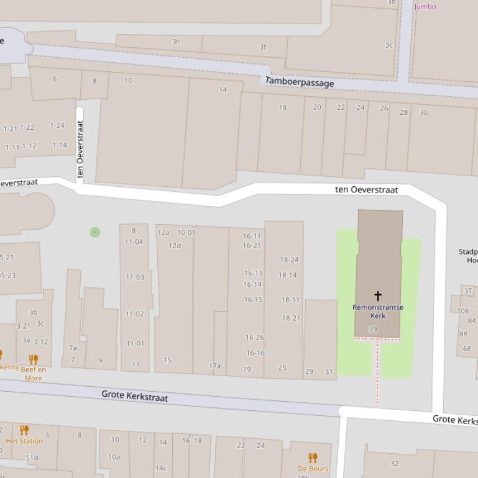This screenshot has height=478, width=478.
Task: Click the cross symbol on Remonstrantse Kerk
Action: pyautogui.click(x=377, y=295)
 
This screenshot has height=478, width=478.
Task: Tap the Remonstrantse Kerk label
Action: pyautogui.click(x=377, y=311)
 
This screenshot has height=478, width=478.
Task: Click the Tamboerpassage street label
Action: pyautogui.click(x=300, y=82)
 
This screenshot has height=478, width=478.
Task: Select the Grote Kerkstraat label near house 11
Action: pyautogui.click(x=134, y=395)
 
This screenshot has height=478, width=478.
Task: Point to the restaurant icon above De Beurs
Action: pyautogui.click(x=313, y=458)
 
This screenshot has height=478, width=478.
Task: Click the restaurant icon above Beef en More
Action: pyautogui.click(x=34, y=359)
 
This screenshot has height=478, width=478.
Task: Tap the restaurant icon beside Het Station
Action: pyautogui.click(x=24, y=430)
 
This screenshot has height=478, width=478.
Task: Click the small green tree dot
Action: pyautogui.click(x=94, y=232)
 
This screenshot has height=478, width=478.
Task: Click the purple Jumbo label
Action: pyautogui.click(x=425, y=6)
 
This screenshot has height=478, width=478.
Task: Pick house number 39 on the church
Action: pyautogui.click(x=372, y=329)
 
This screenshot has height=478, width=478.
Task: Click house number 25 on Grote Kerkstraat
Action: pyautogui.click(x=282, y=368)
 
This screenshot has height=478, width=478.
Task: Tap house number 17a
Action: pyautogui.click(x=214, y=366)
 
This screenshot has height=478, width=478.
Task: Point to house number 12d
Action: pyautogui.click(x=175, y=245)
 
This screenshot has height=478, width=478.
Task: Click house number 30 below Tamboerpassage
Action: pyautogui.click(x=423, y=112)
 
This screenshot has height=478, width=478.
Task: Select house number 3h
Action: pyautogui.click(x=176, y=42)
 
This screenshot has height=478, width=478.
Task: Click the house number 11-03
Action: pyautogui.click(x=135, y=277)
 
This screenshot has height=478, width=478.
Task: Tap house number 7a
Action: pyautogui.click(x=73, y=348)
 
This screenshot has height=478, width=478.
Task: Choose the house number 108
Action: pyautogui.click(x=462, y=311)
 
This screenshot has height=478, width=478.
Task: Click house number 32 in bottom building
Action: pyautogui.click(x=394, y=463)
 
